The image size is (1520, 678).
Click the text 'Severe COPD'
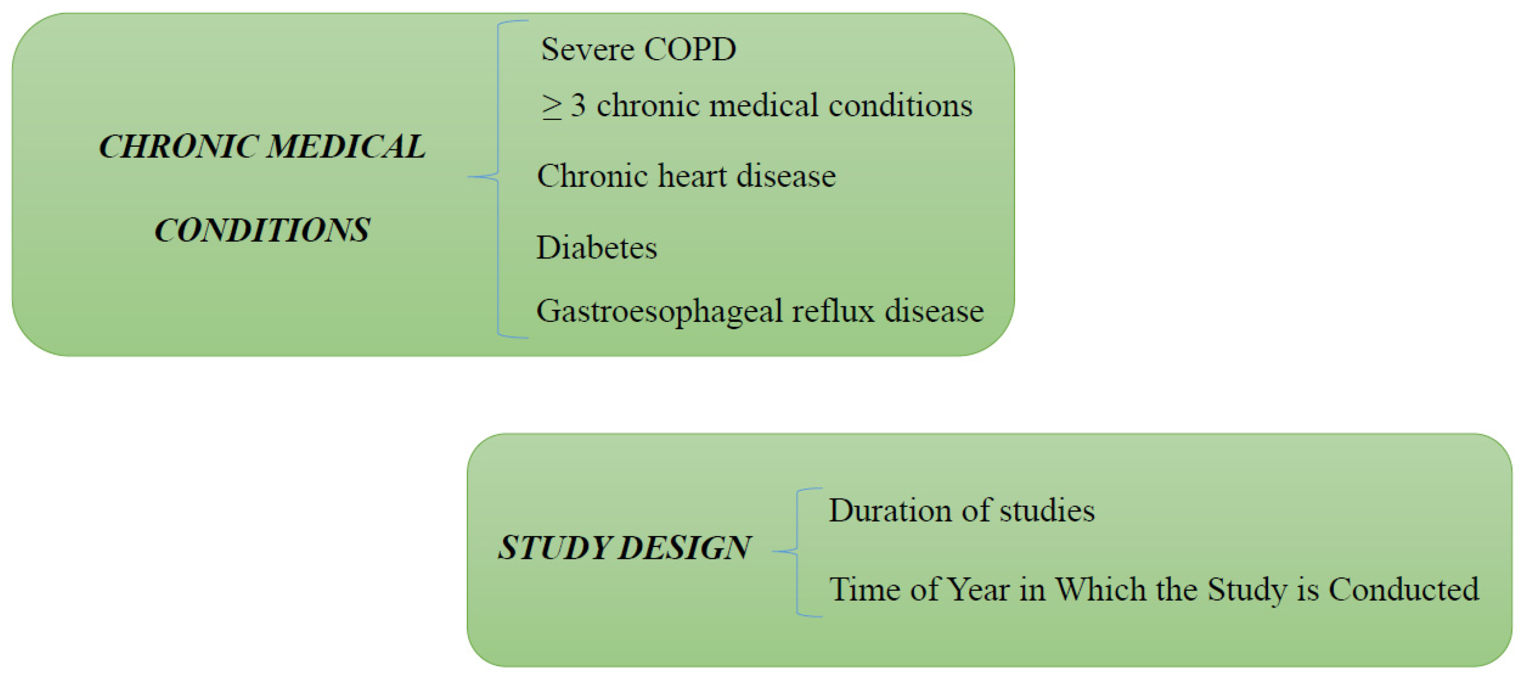coord(638,49)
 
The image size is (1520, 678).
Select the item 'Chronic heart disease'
coord(686,176)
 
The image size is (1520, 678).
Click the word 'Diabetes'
coord(596,247)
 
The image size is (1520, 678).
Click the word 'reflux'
coord(833,311)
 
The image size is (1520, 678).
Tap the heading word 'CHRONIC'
coord(179,146)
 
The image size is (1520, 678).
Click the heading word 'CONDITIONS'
coord(262,229)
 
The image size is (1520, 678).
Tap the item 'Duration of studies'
coord(961,510)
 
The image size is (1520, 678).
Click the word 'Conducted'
coord(1404,589)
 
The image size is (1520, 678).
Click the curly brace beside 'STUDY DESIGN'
coord(797,552)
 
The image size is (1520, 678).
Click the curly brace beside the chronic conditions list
coord(498,177)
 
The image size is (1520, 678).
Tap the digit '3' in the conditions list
coord(578,106)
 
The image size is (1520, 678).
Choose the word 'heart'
coord(692,176)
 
